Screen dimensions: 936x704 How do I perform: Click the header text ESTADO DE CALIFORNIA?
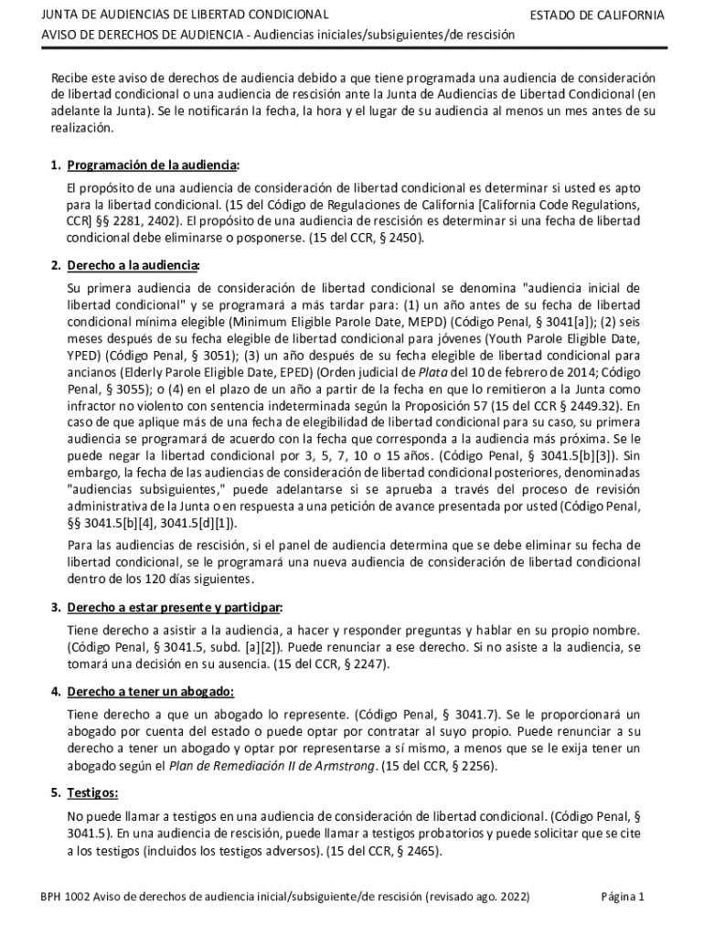click(597, 16)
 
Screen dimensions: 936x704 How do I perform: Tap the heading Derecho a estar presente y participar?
click(174, 607)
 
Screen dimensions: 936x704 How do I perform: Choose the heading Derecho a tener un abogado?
click(151, 690)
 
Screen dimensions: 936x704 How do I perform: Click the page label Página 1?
click(623, 897)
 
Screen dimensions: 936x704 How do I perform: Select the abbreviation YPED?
click(85, 356)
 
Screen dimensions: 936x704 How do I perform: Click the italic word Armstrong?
click(345, 765)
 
